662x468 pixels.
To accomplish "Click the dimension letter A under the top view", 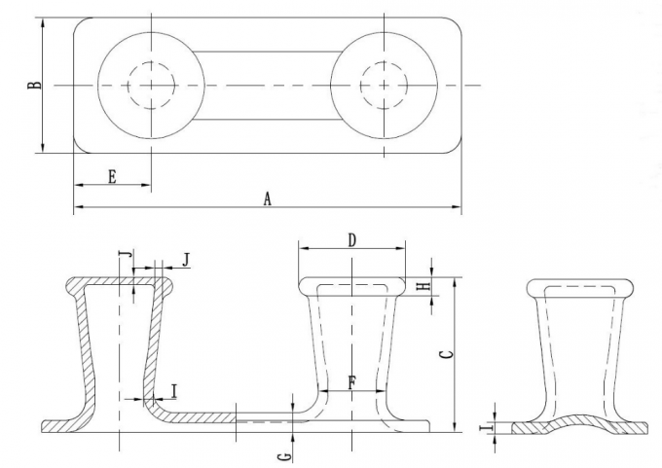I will (x=267, y=198).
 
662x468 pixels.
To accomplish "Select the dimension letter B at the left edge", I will (x=34, y=85).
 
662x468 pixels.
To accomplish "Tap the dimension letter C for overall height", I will (x=444, y=355).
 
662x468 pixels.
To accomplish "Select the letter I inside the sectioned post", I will (x=173, y=391).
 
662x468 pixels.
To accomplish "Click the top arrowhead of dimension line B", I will (x=43, y=22).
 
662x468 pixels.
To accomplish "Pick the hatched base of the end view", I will (x=579, y=426).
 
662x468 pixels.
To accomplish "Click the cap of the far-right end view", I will (x=579, y=287).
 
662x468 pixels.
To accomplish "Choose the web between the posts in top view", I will (x=267, y=85).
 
